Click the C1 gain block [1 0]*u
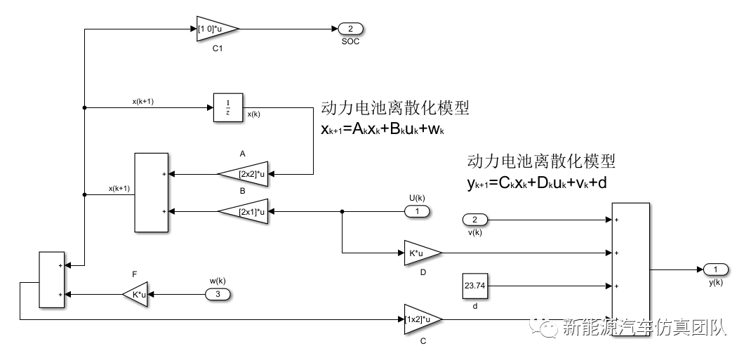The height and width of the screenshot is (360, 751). [x=216, y=29]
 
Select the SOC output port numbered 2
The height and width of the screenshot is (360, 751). [x=350, y=29]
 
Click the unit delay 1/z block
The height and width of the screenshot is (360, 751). [x=227, y=107]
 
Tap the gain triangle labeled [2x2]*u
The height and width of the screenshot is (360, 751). [x=245, y=173]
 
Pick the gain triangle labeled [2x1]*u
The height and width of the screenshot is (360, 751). [x=245, y=211]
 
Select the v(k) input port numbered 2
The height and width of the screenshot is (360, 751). [x=474, y=220]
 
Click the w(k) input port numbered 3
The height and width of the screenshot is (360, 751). [x=218, y=294]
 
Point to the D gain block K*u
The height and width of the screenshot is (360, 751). [x=422, y=253]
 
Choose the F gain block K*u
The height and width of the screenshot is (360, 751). [x=136, y=294]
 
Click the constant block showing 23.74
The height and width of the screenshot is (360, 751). [x=475, y=286]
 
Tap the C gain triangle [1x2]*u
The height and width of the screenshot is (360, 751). [x=422, y=319]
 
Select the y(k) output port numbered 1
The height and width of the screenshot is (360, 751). [x=715, y=269]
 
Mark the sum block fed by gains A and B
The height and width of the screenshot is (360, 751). [x=151, y=192]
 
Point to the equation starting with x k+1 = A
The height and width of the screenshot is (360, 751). [x=385, y=131]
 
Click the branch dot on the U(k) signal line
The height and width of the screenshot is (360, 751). [x=342, y=211]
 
